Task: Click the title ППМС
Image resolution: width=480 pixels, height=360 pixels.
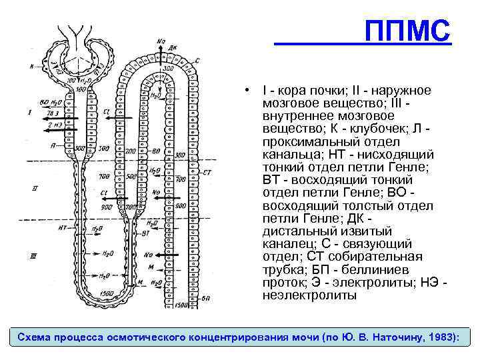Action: (x=409, y=31)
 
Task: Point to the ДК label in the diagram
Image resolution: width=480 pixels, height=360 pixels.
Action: (x=173, y=47)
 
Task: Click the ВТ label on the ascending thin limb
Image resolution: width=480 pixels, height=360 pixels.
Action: (x=145, y=233)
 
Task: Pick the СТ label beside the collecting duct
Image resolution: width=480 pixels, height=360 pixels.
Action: (x=207, y=172)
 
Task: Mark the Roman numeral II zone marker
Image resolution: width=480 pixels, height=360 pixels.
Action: (x=34, y=189)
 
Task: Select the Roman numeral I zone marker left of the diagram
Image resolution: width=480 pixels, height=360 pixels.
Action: (x=30, y=113)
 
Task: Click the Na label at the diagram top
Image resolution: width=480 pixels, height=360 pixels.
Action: (x=161, y=41)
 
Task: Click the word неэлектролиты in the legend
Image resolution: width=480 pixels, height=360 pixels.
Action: (x=309, y=295)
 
